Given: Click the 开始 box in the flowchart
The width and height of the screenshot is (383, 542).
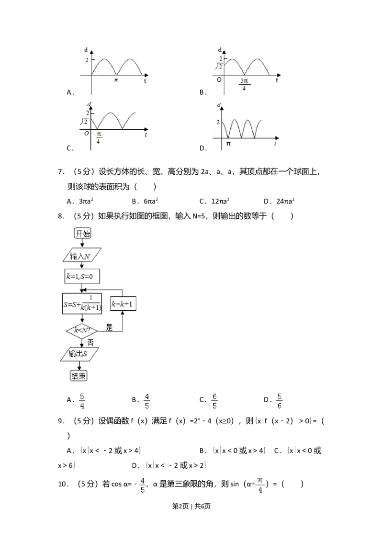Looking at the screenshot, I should coord(82,234).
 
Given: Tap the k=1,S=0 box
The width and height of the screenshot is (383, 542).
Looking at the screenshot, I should coord(82,276).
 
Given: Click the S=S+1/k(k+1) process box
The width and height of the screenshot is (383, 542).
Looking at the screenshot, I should coord(82,304).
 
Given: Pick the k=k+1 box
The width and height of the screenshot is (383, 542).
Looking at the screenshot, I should coord(123,304).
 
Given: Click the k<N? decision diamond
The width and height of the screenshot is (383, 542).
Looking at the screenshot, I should coord(82,330).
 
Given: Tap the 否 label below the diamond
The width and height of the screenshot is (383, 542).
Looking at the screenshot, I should coord(90,343).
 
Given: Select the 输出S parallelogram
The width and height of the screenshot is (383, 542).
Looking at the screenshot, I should coord(79,354).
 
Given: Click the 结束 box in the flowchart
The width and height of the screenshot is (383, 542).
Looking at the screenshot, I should coord(79,375).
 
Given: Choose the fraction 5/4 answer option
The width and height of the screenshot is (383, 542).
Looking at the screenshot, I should coord(82,401).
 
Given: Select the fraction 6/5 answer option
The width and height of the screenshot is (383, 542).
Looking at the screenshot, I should coord(214,401).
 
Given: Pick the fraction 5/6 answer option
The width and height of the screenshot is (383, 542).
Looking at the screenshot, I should coord(280,401).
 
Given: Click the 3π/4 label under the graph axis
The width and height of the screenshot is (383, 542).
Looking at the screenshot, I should coord(244,85).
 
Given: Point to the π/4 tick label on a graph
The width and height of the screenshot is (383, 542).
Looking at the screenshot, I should coord(99,138).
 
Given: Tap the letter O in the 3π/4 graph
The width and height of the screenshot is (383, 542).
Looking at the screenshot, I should coord(219,79).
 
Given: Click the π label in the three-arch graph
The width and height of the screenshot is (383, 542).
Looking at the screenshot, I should coord(228,143).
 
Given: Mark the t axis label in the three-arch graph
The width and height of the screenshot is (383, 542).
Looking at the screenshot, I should coord(275,144).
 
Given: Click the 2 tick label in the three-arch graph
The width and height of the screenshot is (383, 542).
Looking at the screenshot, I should coord(218,122).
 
